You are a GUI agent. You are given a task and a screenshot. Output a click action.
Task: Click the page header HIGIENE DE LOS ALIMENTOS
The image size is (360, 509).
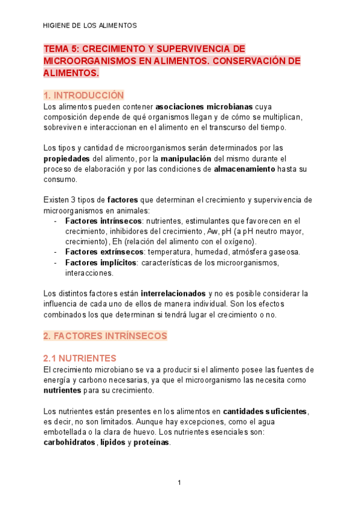(90, 26)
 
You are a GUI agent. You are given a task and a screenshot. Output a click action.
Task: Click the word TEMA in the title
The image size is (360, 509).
(57, 49)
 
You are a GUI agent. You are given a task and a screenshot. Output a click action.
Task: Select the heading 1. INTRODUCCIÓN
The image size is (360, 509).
(83, 95)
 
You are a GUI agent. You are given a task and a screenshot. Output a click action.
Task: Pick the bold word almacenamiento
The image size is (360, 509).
(244, 169)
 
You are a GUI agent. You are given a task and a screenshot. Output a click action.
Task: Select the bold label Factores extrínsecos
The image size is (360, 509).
(104, 251)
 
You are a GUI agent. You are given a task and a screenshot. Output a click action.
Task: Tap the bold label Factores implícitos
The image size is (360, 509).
(101, 262)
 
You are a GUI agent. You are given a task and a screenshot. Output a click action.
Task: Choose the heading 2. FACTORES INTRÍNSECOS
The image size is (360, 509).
(105, 336)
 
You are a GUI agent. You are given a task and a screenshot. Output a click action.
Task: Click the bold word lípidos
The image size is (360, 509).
(112, 443)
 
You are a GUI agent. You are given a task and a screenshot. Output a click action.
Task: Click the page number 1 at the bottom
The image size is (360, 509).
(179, 483)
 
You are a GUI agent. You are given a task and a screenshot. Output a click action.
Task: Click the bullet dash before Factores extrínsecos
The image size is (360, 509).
(55, 251)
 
